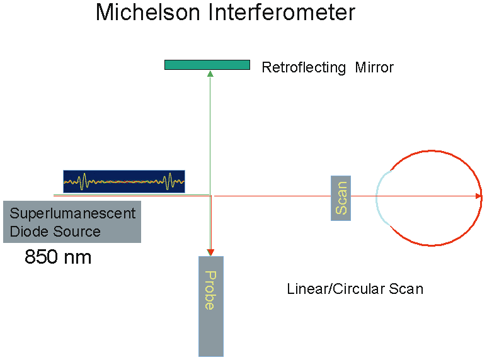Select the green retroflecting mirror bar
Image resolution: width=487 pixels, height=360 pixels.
coord(207,64)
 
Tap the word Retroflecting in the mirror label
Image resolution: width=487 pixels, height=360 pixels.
coord(304,67)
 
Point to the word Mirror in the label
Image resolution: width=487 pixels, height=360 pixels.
coord(374,67)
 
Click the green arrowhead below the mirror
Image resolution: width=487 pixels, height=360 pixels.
coord(210,74)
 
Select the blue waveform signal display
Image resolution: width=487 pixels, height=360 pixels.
coord(124,181)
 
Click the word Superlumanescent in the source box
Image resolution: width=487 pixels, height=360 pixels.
coord(72,213)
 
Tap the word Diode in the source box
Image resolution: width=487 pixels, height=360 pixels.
coord(29,232)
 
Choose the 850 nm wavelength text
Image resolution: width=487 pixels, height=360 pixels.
coord(58,257)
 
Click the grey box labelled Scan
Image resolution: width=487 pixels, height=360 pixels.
coord(341,198)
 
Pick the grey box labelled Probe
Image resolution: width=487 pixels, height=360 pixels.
coord(211,306)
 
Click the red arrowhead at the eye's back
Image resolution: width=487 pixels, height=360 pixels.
coord(479,196)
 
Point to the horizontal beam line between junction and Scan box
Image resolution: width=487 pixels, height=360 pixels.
coord(271,196)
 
